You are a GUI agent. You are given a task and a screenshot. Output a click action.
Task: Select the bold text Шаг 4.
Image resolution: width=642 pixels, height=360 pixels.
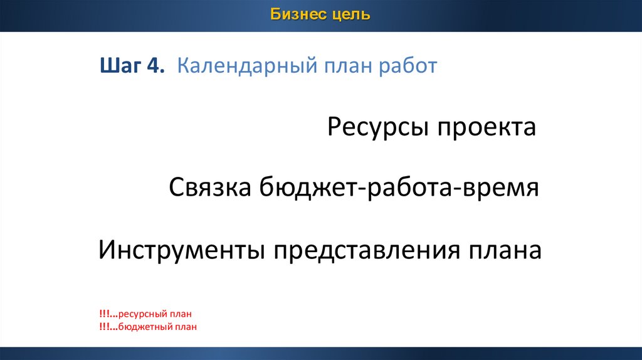(x=132, y=65)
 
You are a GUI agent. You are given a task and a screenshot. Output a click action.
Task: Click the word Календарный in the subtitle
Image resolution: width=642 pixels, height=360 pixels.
(x=247, y=66)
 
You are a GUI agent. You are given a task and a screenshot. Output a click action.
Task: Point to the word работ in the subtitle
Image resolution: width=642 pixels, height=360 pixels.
(x=408, y=66)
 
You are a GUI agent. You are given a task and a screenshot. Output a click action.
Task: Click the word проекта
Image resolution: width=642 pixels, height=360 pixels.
(x=487, y=127)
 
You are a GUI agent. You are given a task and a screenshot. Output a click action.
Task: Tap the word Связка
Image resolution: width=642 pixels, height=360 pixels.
(x=209, y=188)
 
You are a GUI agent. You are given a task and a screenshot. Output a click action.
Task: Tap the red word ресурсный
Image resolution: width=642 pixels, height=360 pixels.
(x=142, y=314)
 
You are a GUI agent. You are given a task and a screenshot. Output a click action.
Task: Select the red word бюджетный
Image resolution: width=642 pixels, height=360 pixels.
(x=145, y=327)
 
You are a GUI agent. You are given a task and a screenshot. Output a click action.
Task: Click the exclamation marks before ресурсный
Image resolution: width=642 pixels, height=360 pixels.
(x=108, y=314)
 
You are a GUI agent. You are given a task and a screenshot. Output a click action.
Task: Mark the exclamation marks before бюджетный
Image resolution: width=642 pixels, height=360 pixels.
(x=108, y=327)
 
